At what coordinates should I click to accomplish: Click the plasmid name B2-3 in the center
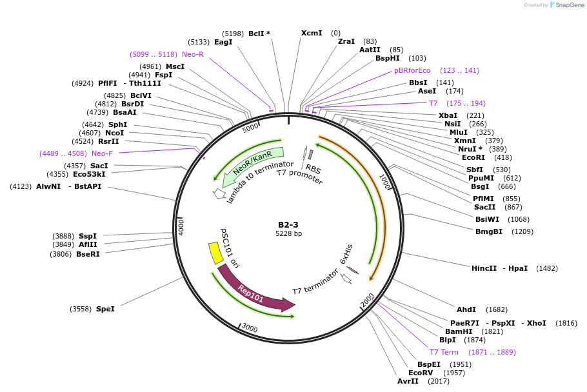[288, 224]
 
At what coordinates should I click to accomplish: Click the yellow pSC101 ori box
[214, 252]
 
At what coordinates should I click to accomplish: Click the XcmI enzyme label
[312, 33]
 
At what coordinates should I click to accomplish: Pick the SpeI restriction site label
[105, 309]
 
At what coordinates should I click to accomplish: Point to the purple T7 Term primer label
[444, 352]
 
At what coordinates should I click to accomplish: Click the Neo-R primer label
[193, 54]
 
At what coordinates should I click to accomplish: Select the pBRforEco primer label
[412, 70]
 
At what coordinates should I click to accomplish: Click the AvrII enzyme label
[408, 381]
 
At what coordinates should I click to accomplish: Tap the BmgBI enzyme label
[489, 231]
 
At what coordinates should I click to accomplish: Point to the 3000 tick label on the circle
[250, 329]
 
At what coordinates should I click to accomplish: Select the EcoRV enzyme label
[421, 373]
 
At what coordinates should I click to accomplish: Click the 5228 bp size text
[288, 233]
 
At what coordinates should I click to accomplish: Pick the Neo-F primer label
[102, 153]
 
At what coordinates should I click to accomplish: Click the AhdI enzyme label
[466, 309]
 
